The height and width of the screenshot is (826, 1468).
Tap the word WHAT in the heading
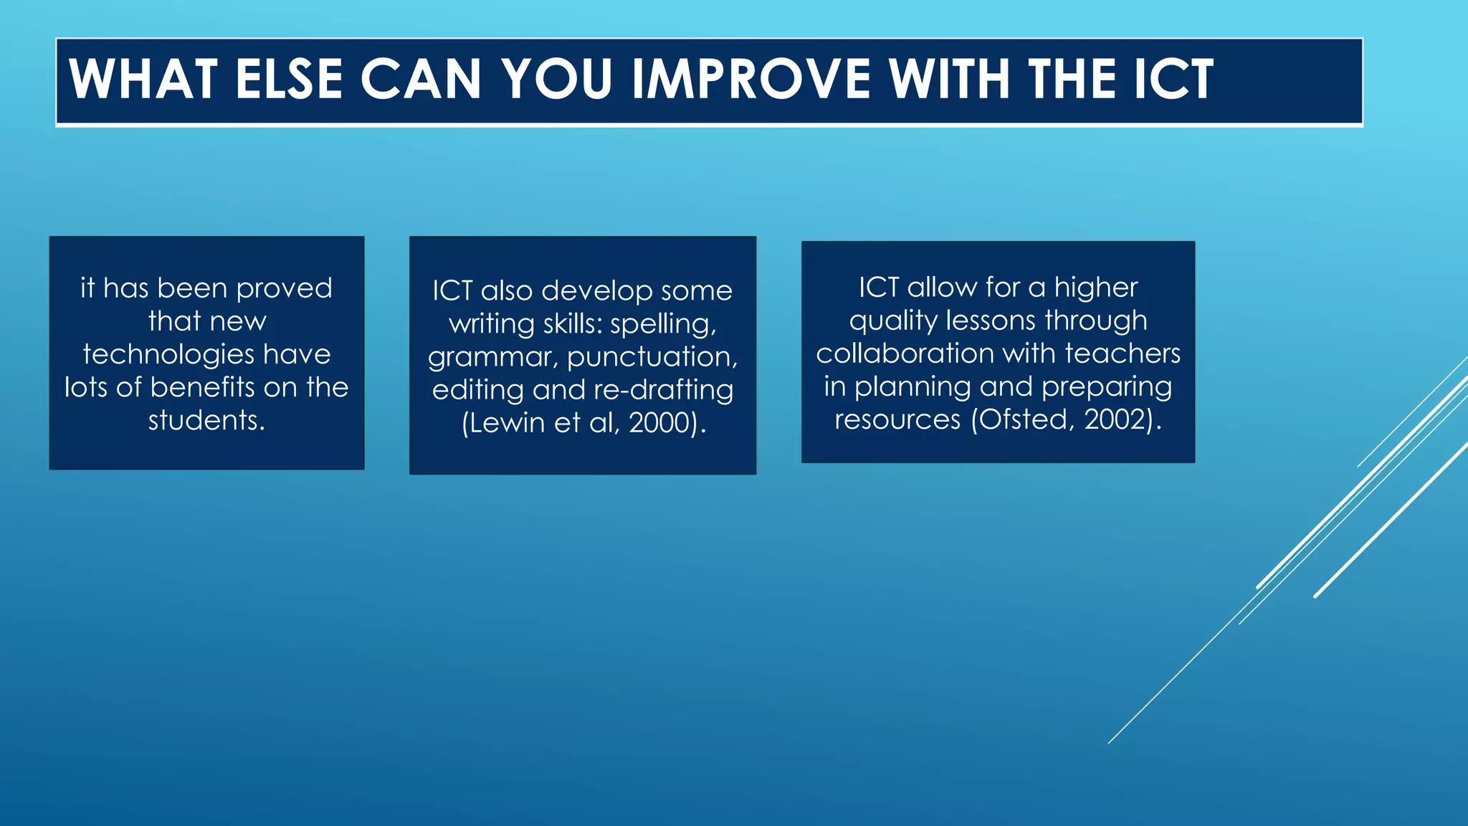tap(143, 79)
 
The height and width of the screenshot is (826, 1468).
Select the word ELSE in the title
tap(289, 79)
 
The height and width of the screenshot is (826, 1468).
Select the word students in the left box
tap(206, 420)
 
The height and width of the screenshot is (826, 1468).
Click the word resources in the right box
tap(897, 419)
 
